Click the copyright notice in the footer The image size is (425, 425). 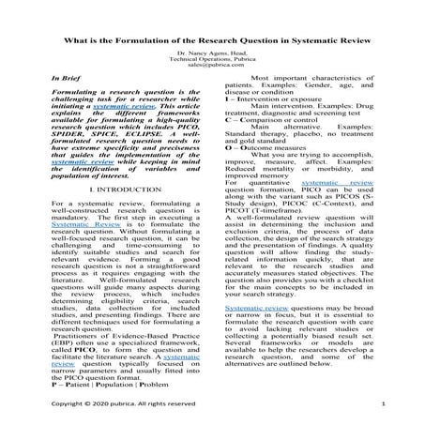(122, 403)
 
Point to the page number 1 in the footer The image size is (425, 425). (385, 403)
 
